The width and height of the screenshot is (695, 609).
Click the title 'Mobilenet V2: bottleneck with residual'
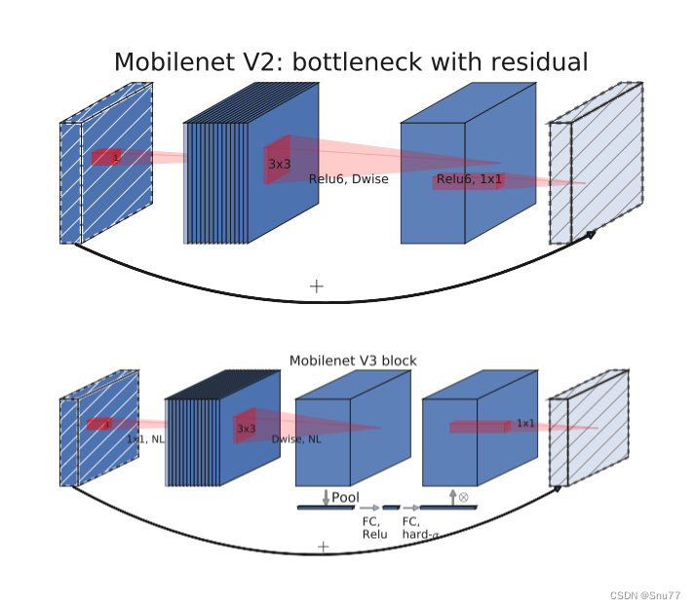coord(351,63)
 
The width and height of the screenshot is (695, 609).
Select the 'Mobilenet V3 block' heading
coord(353,361)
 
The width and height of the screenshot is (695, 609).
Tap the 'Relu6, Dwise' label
coord(348,179)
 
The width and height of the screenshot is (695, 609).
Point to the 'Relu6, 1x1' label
coord(469,179)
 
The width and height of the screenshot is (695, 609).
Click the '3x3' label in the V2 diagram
coord(279,165)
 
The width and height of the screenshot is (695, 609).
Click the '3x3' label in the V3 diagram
coord(246,429)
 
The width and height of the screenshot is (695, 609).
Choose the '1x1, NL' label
coord(145,439)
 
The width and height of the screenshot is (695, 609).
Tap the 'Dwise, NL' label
coord(296,440)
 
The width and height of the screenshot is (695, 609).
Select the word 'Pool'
coord(345,498)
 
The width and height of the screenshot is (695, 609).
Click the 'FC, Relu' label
coord(374,528)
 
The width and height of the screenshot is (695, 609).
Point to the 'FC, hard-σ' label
coord(420,528)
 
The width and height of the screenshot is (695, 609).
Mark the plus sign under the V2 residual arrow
coord(316,286)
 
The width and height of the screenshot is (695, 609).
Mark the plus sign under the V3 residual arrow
coord(323,548)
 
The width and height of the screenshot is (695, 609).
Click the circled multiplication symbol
coord(463,497)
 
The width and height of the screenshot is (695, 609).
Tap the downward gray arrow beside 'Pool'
coord(326,497)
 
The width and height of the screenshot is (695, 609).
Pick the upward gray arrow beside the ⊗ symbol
coord(452,497)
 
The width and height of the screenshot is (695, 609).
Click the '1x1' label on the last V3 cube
coord(525,424)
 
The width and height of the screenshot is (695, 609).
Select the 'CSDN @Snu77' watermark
coord(645,595)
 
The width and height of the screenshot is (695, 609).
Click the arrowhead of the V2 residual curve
coord(591,234)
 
